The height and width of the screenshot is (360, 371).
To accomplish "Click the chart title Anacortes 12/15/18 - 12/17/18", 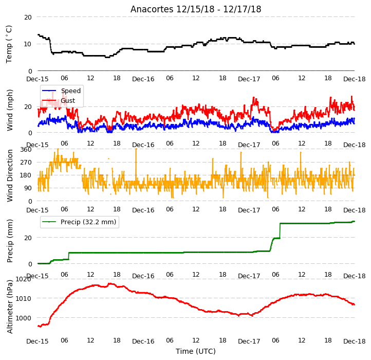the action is (196, 9).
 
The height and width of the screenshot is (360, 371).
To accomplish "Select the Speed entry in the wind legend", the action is (71, 91).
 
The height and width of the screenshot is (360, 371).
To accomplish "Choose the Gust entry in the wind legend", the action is (68, 101).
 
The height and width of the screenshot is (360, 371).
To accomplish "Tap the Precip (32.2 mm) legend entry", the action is (88, 222).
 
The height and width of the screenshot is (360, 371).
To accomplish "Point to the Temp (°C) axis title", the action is (9, 44).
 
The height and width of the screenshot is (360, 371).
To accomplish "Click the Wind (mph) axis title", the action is (9, 111).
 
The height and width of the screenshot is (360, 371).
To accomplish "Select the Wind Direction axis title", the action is (9, 175).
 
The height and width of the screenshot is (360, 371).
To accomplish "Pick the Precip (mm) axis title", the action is (9, 241).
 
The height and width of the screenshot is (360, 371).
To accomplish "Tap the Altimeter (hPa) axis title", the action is (9, 307).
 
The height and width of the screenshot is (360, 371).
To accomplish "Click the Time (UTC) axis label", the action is (196, 351).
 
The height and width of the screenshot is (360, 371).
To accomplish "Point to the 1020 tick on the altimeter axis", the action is (23, 279).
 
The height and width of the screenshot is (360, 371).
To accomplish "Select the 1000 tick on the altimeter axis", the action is (23, 318).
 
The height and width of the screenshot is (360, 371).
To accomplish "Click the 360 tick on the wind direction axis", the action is (26, 150).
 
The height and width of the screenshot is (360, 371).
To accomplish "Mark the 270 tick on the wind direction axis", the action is (26, 163).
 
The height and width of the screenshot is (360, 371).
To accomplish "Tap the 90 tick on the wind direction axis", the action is (28, 188).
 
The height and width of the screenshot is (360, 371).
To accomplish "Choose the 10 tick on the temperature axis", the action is (28, 44).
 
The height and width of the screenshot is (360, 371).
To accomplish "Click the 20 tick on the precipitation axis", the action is (28, 238).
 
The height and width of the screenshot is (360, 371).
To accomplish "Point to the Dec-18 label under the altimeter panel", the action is (354, 341).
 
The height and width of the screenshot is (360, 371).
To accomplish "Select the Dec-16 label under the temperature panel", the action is (143, 79).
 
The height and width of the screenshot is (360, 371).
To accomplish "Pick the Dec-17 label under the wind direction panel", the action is (249, 210).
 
